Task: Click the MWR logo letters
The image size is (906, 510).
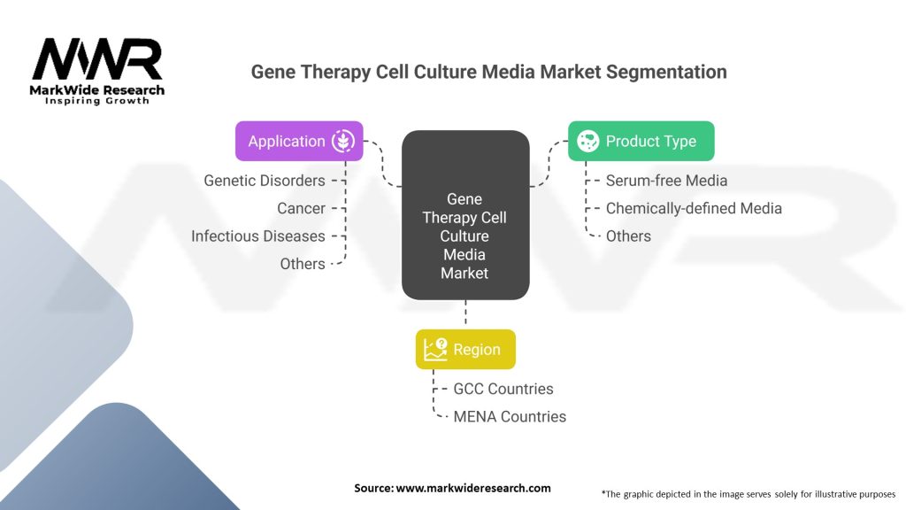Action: point(97,59)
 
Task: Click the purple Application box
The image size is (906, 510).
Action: point(299,141)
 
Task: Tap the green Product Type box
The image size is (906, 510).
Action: point(641,141)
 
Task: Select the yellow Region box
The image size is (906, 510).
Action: point(465,349)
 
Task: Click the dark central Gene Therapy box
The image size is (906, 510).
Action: point(465,215)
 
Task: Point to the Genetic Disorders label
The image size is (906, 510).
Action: point(265,181)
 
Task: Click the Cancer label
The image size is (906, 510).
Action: point(301,208)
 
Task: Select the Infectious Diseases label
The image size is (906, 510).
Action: point(258,236)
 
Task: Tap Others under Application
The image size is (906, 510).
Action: point(303,264)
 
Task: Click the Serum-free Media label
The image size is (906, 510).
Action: point(667,181)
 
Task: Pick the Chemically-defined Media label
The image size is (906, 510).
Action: point(694,208)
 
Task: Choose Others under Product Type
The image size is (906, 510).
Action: point(629,236)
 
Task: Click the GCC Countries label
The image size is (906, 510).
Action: point(503,389)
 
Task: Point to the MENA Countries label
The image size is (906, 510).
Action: point(510,416)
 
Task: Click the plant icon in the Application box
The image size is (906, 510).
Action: point(343,141)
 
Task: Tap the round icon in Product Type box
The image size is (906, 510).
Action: point(588,141)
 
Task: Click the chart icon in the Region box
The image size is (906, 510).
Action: point(435,350)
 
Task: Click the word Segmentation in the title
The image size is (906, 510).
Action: point(666,73)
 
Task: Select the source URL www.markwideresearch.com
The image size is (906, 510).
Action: point(473,488)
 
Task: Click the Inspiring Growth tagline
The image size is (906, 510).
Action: point(97,101)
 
